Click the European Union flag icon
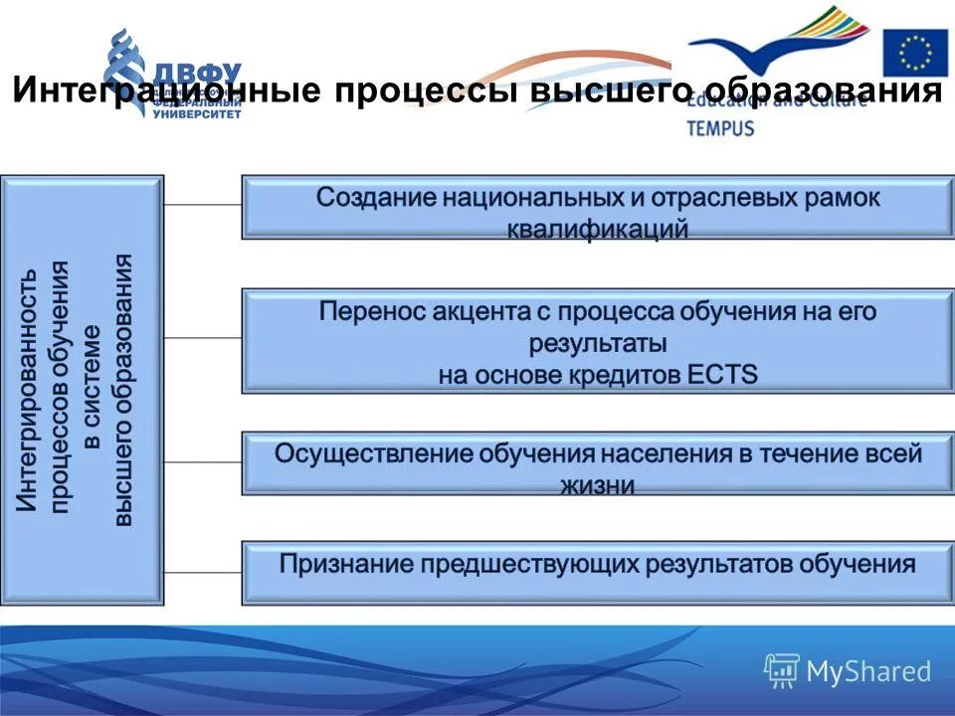coord(915,53)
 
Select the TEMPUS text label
coord(720,128)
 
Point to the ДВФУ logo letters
coord(199,76)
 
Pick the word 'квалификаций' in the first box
coord(597,230)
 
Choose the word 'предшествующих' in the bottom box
coord(529,564)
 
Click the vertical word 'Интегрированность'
coord(31,388)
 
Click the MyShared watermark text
coord(868,671)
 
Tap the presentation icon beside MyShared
coord(782,671)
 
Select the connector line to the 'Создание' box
coord(203,204)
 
